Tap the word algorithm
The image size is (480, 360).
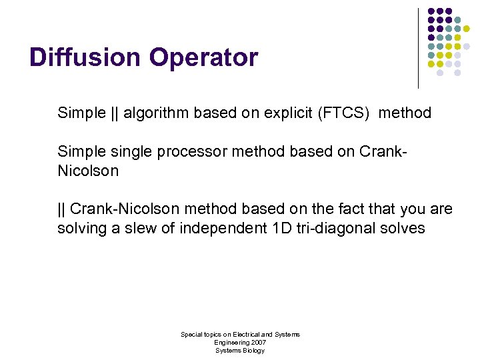(x=156, y=113)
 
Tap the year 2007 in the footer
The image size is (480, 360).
(x=257, y=342)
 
